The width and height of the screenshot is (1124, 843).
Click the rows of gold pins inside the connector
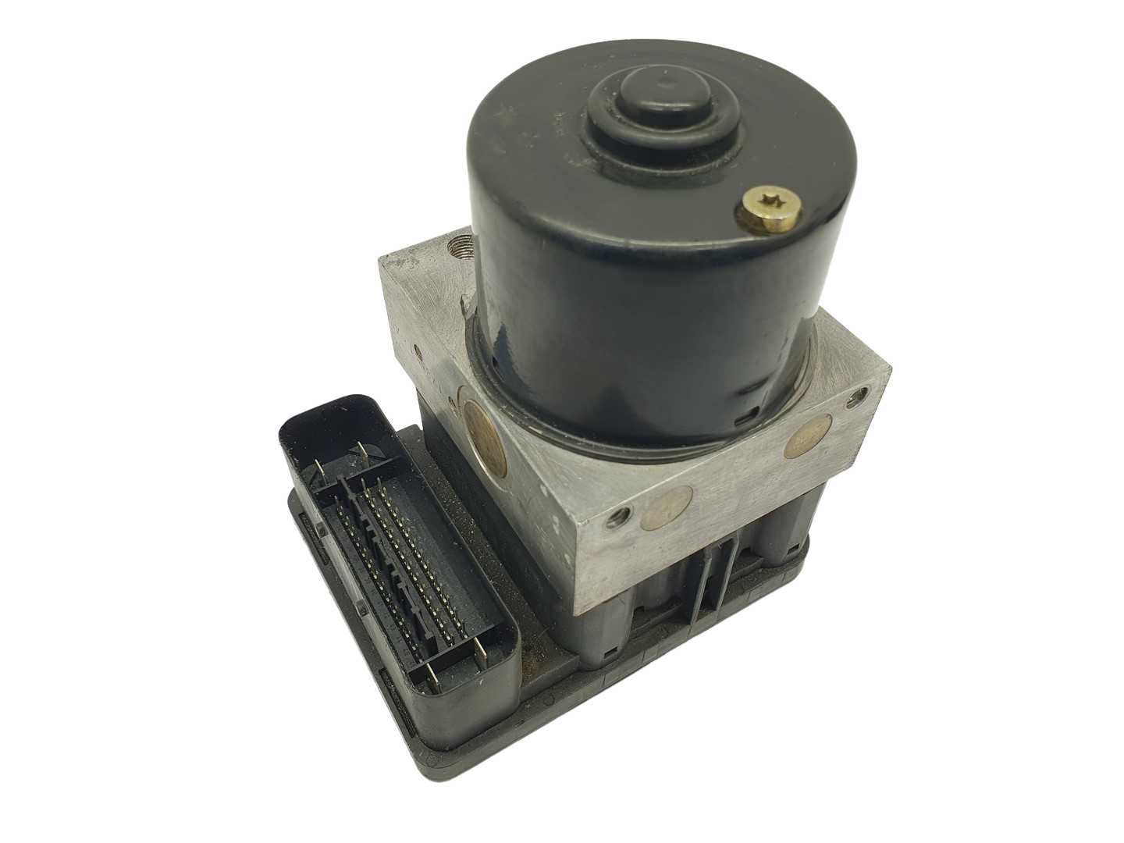point(406,570)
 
